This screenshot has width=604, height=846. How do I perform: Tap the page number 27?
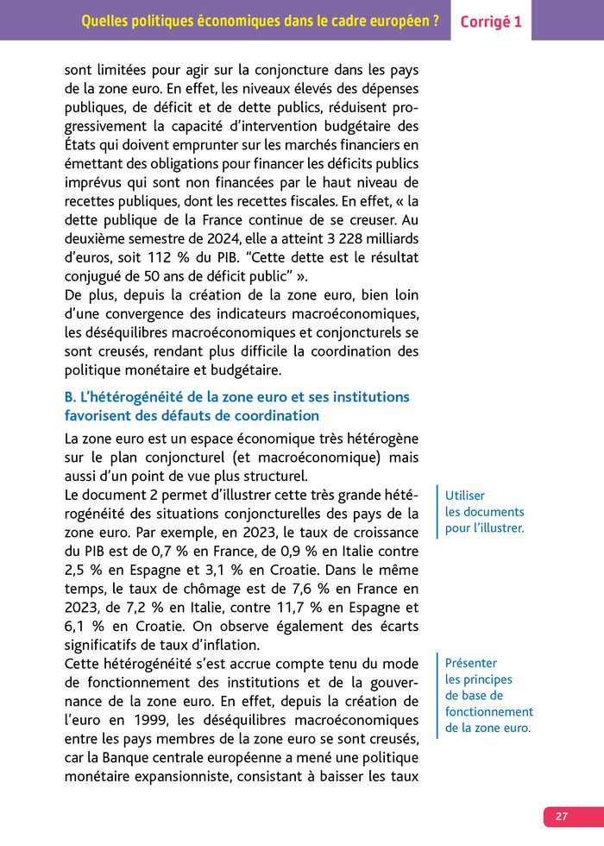(562, 816)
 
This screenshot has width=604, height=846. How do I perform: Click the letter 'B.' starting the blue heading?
(72, 397)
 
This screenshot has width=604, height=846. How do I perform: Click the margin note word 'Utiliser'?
(464, 496)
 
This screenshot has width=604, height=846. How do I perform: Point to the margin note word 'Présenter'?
(471, 663)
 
